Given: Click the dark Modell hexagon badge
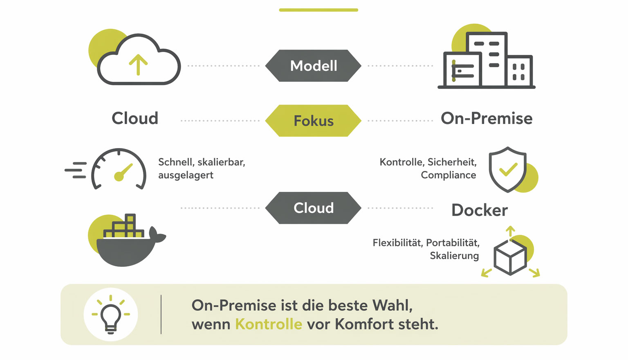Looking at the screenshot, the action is click(313, 65).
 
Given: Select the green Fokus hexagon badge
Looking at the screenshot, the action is click(313, 121).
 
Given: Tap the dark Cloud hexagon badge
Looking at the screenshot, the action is click(313, 208).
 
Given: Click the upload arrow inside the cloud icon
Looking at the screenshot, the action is click(138, 65).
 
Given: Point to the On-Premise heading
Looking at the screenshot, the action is click(487, 118).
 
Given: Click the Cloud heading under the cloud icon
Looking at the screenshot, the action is click(135, 118).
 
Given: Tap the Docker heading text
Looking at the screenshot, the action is click(480, 210).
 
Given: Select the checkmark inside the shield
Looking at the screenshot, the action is click(508, 169).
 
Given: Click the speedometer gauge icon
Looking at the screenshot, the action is click(119, 169).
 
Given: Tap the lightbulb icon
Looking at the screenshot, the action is click(111, 315).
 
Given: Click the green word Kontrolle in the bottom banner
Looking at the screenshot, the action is click(269, 324).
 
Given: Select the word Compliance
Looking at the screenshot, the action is click(448, 175).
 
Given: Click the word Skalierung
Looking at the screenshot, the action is click(454, 256).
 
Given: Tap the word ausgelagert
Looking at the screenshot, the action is click(186, 175).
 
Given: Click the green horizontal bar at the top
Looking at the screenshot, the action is click(318, 10).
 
